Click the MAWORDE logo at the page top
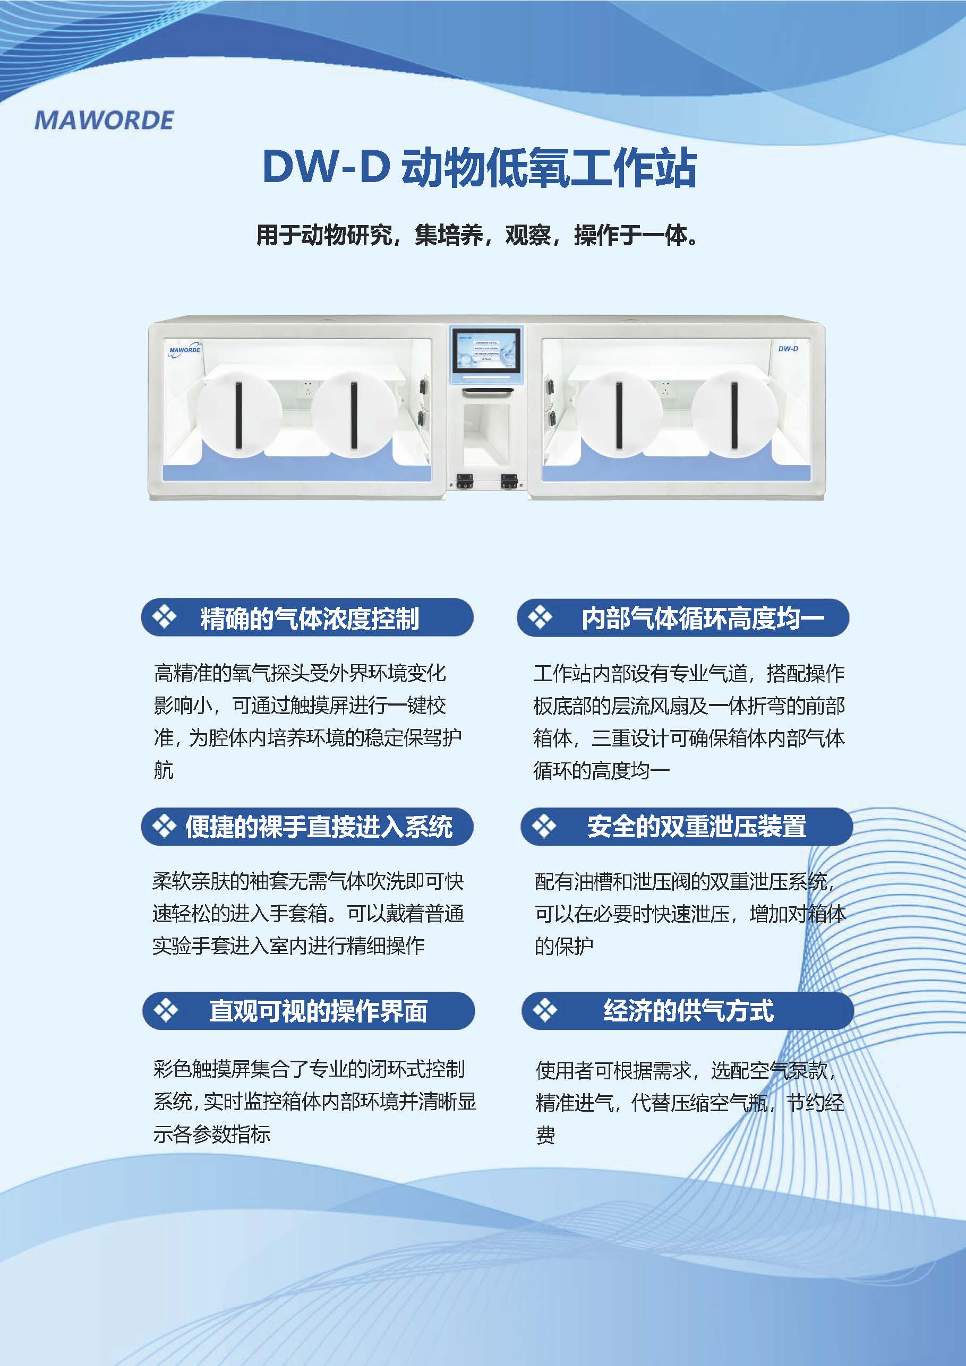(x=104, y=120)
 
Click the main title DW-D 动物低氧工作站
(x=479, y=167)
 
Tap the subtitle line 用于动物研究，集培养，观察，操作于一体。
(x=477, y=235)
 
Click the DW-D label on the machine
(x=788, y=349)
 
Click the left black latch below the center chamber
(x=464, y=480)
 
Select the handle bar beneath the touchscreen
(x=488, y=391)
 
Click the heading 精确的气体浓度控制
(x=310, y=618)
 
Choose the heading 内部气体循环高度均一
(x=703, y=618)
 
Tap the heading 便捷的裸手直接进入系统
(x=319, y=827)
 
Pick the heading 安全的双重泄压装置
(x=696, y=827)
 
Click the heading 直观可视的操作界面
(x=319, y=1011)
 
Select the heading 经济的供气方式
(x=689, y=1011)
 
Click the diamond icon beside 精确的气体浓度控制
(x=164, y=617)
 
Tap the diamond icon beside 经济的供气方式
(x=544, y=1010)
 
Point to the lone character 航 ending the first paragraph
(x=164, y=770)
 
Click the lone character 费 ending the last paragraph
(x=546, y=1135)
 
